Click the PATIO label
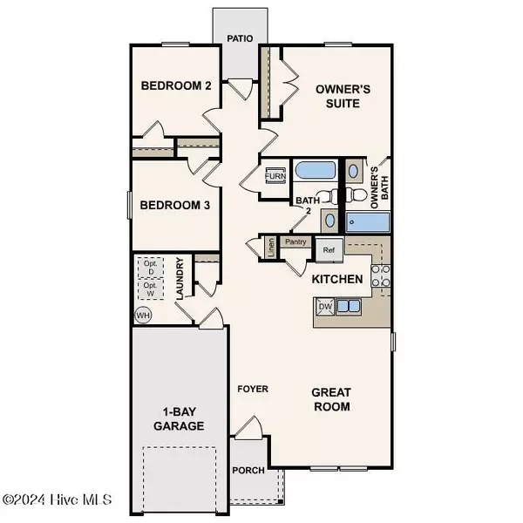[240, 39]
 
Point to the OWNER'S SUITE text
[325, 96]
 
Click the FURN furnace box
[275, 175]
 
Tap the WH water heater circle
[142, 315]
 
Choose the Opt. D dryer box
[149, 267]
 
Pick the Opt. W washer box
[149, 289]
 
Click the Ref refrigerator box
[329, 249]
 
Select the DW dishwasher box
[324, 306]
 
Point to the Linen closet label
[271, 247]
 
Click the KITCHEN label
[337, 280]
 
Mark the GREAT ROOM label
[331, 400]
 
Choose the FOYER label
[254, 389]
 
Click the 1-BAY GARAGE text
[181, 419]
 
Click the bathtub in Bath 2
[309, 171]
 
